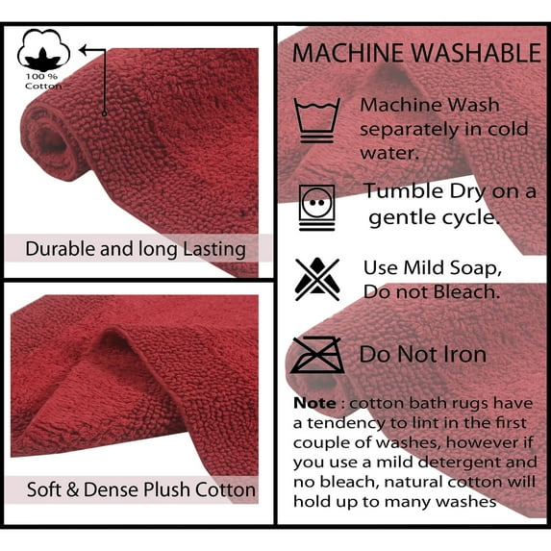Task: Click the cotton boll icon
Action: [x=43, y=50]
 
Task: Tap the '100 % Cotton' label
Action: [x=43, y=81]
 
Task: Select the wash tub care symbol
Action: [x=317, y=120]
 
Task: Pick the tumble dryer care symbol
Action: [x=317, y=208]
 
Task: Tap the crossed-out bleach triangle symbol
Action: [x=317, y=280]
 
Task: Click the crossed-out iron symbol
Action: [x=317, y=355]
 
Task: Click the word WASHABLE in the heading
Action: [x=476, y=53]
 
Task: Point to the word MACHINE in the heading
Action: [x=348, y=53]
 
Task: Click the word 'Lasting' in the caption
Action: [x=214, y=249]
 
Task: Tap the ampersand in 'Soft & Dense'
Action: [x=72, y=489]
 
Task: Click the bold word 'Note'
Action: [x=314, y=403]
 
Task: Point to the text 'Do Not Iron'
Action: [x=423, y=354]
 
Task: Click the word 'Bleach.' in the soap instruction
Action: [x=466, y=291]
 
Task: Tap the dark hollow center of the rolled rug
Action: [x=52, y=143]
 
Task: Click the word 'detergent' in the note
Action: [x=460, y=463]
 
